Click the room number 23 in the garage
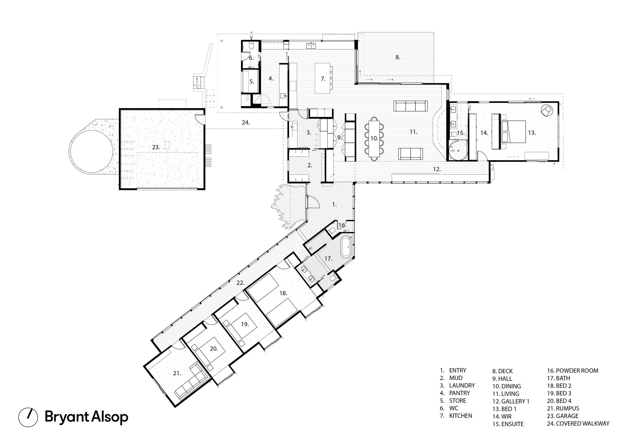click(x=155, y=147)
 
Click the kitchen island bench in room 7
click(x=323, y=78)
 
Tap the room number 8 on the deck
click(x=398, y=57)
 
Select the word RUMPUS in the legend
click(x=568, y=408)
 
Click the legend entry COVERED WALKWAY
click(x=582, y=423)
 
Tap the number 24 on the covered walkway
click(x=245, y=122)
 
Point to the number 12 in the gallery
click(x=436, y=169)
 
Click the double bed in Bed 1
click(x=513, y=132)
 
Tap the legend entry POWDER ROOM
click(x=577, y=370)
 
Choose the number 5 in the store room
click(x=251, y=81)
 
